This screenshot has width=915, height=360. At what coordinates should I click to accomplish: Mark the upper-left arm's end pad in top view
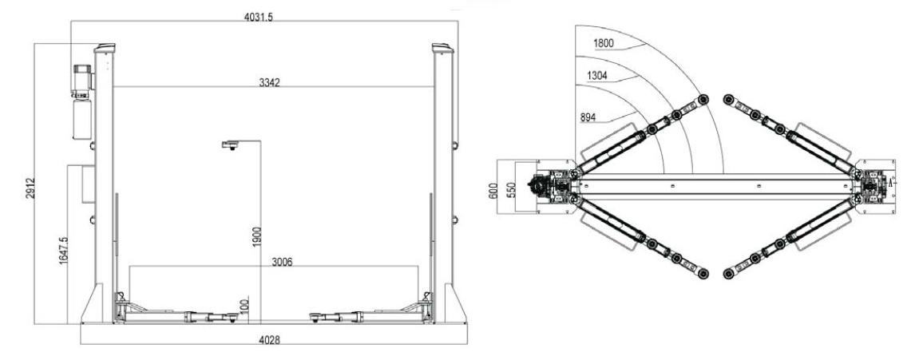(x=703, y=99)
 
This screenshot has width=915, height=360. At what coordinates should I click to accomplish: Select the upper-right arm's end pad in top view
(x=727, y=99)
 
